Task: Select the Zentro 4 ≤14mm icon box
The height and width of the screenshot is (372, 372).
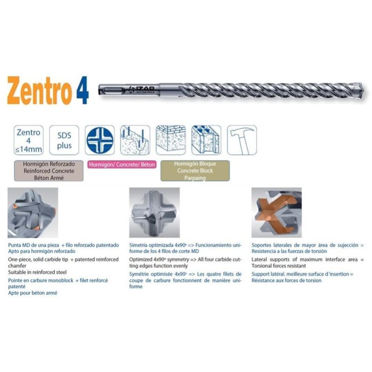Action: (x=28, y=140)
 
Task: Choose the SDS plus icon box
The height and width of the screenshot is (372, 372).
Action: (x=64, y=140)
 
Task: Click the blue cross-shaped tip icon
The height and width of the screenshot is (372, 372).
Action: (x=99, y=140)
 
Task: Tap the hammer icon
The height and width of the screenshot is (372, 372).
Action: (x=242, y=140)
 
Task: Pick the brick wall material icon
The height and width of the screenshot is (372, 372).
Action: (x=170, y=140)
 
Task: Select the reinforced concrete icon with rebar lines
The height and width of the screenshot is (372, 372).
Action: (x=135, y=140)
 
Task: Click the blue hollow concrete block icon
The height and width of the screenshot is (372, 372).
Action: (x=206, y=140)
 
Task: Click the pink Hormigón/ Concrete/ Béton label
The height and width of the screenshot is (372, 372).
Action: (x=121, y=165)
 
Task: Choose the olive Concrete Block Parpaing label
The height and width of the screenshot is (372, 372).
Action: (x=195, y=171)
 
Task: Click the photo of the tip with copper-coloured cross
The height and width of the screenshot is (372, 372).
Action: (x=276, y=212)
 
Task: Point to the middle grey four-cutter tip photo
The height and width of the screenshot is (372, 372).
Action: (x=154, y=212)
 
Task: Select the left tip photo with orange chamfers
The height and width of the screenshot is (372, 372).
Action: (x=33, y=212)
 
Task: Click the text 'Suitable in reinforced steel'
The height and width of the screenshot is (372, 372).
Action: (x=38, y=271)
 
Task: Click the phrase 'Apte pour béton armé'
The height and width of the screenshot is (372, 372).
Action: (x=33, y=293)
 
